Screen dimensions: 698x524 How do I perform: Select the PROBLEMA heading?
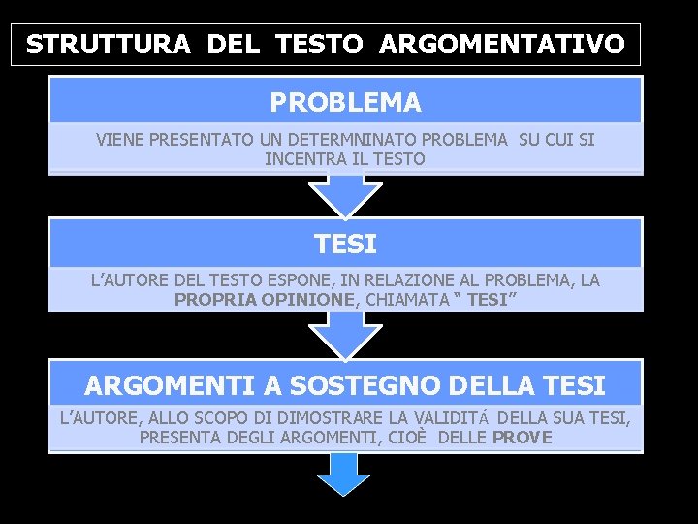click(345, 102)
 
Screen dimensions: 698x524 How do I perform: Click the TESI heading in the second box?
click(345, 244)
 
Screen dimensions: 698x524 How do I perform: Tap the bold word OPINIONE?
click(312, 300)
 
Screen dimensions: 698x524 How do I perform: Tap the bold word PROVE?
click(523, 437)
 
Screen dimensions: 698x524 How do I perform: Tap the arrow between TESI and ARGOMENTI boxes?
click(345, 336)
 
